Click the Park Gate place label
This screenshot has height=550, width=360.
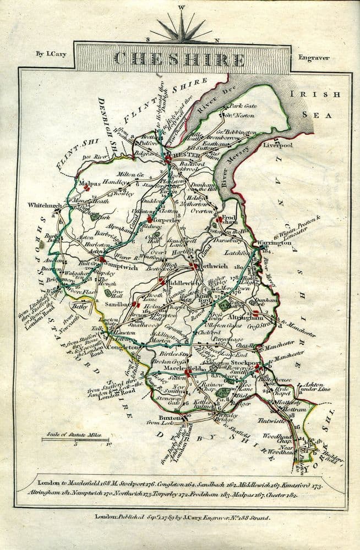pos(243,106)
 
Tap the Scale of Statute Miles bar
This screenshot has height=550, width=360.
pos(77,439)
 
